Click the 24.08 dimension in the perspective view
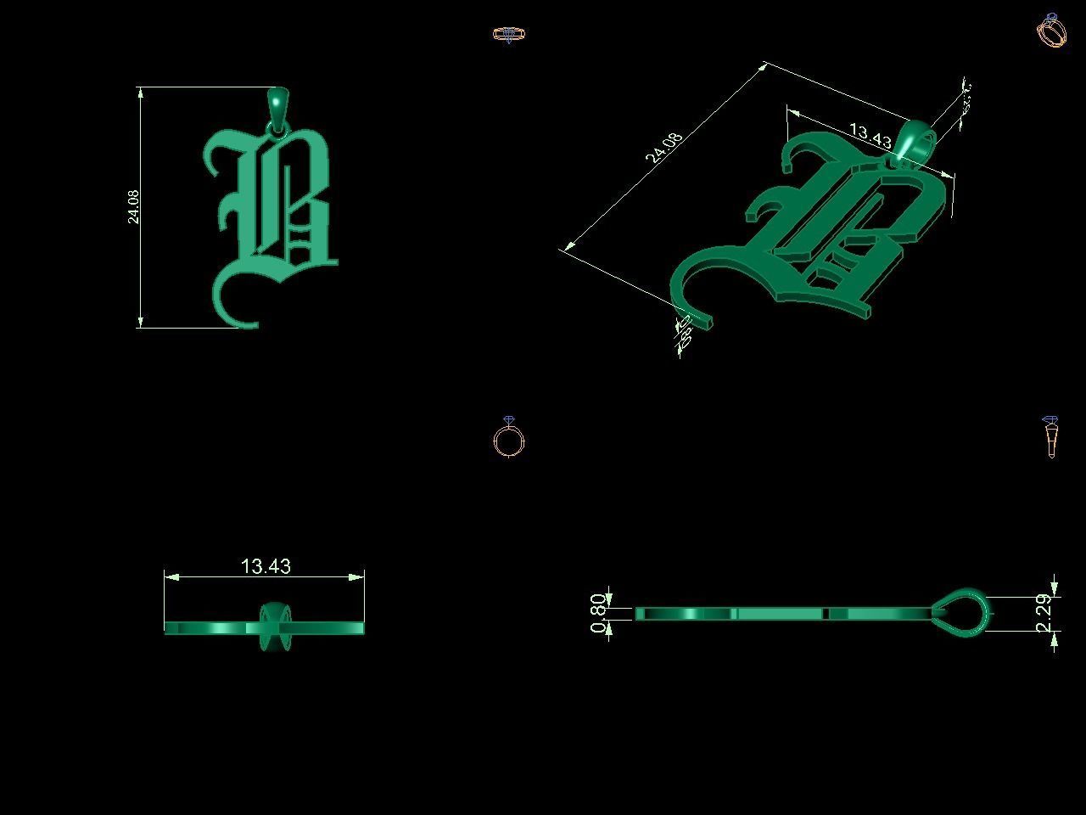663,148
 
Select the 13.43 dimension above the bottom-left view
266,566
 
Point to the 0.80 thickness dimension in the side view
598,613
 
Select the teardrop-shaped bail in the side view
962,610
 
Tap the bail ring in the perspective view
915,142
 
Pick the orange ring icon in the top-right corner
1051,31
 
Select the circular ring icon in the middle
508,439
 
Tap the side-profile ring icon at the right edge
1050,436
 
